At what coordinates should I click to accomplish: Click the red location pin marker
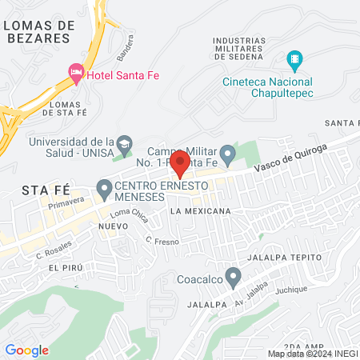click(180, 162)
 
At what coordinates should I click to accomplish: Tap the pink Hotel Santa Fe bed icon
click(76, 74)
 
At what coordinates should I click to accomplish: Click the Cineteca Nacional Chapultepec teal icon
click(294, 59)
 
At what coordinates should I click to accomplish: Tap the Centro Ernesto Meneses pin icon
click(103, 190)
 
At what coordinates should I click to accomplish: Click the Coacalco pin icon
click(233, 278)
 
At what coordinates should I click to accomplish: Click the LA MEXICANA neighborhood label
click(200, 211)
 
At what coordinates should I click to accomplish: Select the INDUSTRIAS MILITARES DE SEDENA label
click(250, 47)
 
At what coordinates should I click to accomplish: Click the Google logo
click(26, 350)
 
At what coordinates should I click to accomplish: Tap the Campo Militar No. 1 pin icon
click(228, 151)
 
